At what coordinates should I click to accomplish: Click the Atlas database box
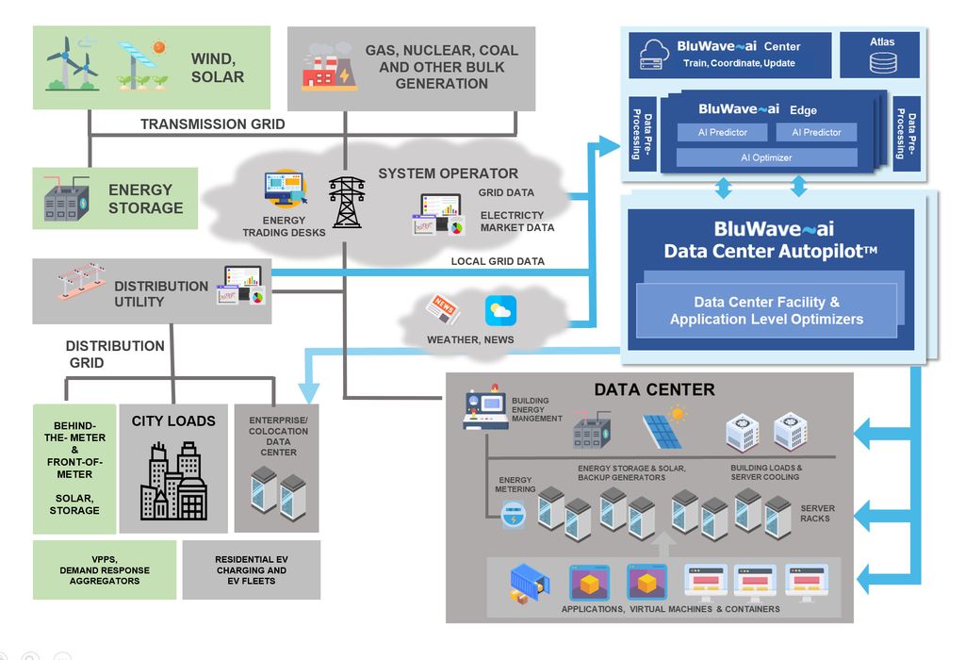[883, 55]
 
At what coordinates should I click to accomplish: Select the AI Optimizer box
[766, 157]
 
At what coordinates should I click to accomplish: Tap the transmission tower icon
[347, 202]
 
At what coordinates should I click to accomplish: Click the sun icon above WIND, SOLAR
[158, 46]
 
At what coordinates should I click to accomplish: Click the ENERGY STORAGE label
[145, 198]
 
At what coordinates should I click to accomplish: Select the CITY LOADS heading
[173, 421]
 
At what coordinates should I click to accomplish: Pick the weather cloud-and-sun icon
[500, 310]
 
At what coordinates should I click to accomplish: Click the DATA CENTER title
[654, 389]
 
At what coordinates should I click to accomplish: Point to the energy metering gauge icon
[514, 515]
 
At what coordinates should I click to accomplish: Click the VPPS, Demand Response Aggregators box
[105, 569]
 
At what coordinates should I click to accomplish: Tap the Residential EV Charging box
[251, 569]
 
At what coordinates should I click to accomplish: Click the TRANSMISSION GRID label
[213, 124]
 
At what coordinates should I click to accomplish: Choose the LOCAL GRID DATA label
[498, 261]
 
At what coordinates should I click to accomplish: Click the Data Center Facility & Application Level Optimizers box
[766, 310]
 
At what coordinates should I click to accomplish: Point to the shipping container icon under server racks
[529, 583]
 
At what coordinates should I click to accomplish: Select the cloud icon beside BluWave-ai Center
[652, 53]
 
